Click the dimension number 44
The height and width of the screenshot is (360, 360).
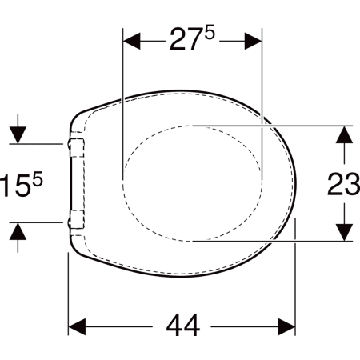point(183,326)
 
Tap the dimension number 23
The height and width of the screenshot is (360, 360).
point(344,184)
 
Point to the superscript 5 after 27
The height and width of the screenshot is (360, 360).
point(210,34)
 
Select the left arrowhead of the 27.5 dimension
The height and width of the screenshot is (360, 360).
point(132,42)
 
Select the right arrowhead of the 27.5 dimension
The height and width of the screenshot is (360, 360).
point(253,42)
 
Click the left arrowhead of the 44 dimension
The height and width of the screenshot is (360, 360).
point(77,326)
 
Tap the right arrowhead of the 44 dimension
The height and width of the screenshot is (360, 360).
point(286,326)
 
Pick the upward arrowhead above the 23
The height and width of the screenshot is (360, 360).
point(344,134)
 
